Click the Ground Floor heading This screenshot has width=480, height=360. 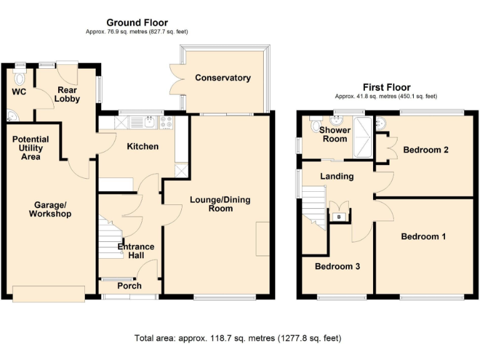tap(136, 23)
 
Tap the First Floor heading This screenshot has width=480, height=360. tap(386, 87)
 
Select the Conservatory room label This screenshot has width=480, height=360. tap(222, 78)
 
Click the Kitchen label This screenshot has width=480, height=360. tap(142, 146)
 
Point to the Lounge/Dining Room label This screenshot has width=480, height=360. tap(221, 204)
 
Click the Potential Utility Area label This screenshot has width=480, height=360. tap(30, 148)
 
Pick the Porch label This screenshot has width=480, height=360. tap(129, 286)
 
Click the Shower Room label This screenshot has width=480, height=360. tap(334, 134)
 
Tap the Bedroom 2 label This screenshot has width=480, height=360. tap(426, 150)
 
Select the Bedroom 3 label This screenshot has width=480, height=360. tap(337, 266)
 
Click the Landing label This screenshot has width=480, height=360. tap(337, 176)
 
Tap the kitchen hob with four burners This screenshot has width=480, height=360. tap(167, 122)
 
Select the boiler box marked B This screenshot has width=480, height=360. tap(339, 216)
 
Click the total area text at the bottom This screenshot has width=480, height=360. tap(238, 338)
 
